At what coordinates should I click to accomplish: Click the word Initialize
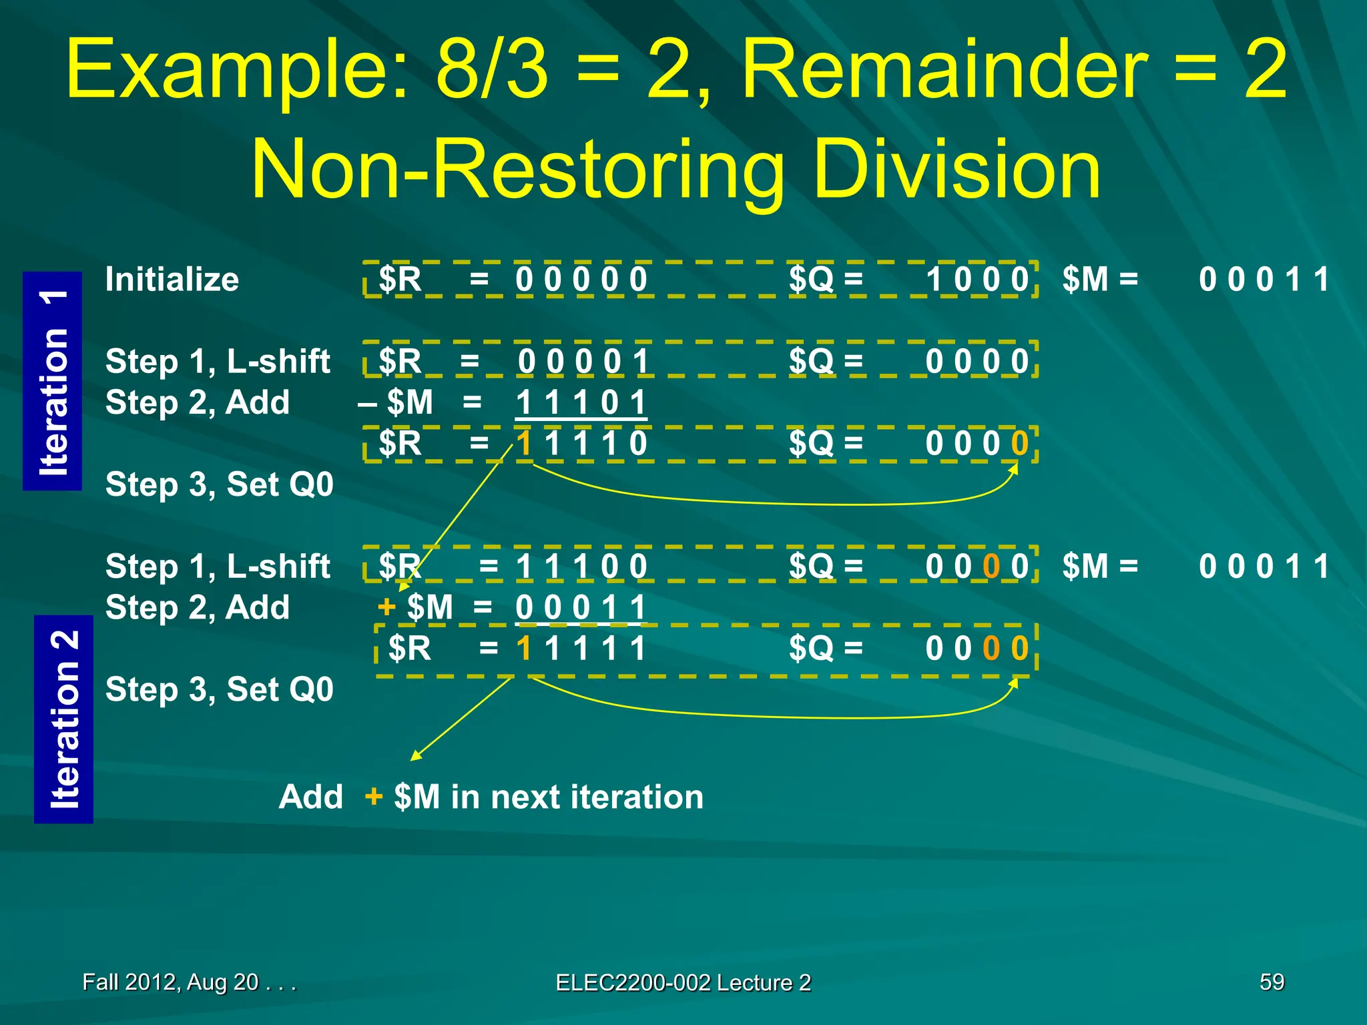(172, 280)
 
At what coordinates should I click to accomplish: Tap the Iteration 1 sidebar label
(53, 381)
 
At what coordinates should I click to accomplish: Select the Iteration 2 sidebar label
(64, 719)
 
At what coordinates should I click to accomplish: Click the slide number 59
(1272, 982)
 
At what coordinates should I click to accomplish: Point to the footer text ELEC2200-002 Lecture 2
(683, 982)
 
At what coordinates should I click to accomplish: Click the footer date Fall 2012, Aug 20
(189, 982)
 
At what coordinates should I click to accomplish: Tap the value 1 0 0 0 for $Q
(977, 280)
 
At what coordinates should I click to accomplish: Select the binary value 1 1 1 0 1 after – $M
(581, 402)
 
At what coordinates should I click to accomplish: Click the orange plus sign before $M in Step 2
(386, 607)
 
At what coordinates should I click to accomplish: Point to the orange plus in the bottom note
(374, 796)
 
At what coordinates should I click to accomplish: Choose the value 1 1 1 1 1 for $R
(581, 648)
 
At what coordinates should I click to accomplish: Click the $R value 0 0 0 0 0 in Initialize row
(581, 280)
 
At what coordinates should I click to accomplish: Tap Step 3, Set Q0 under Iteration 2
(219, 689)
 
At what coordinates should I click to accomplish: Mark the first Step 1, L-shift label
(218, 362)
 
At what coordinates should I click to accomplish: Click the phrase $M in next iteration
(549, 797)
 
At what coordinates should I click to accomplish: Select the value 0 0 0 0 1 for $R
(583, 362)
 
